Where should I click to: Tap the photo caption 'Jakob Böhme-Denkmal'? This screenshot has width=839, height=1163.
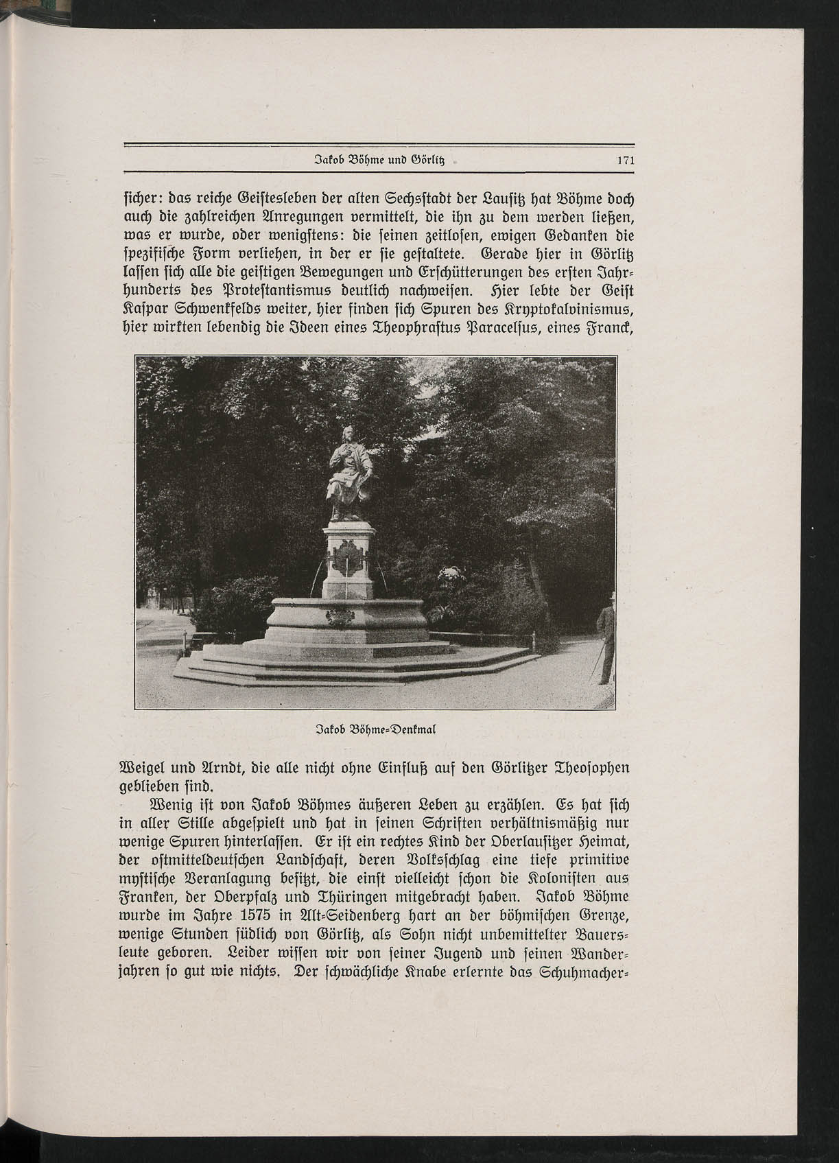[375, 729]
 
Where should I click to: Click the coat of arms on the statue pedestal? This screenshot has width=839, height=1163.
[347, 556]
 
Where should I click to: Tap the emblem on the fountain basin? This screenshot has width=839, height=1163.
[339, 618]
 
